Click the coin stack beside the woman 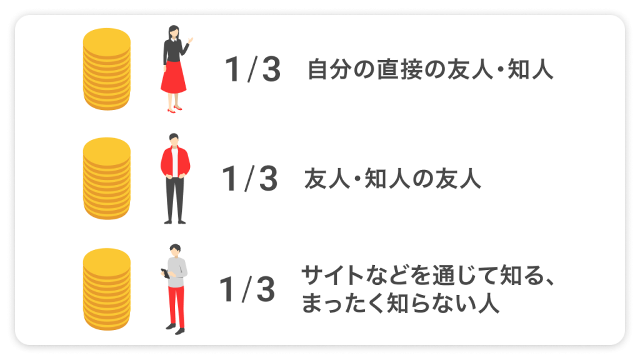point(107,69)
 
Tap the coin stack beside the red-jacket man point(107,179)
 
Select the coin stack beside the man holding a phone point(107,288)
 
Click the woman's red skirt point(173,79)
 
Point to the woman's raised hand point(189,41)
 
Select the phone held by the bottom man point(164,272)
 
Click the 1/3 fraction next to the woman point(253,71)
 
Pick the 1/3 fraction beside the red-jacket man point(250,179)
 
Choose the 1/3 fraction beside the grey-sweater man point(247,289)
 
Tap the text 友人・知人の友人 point(392,179)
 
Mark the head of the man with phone point(176,249)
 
